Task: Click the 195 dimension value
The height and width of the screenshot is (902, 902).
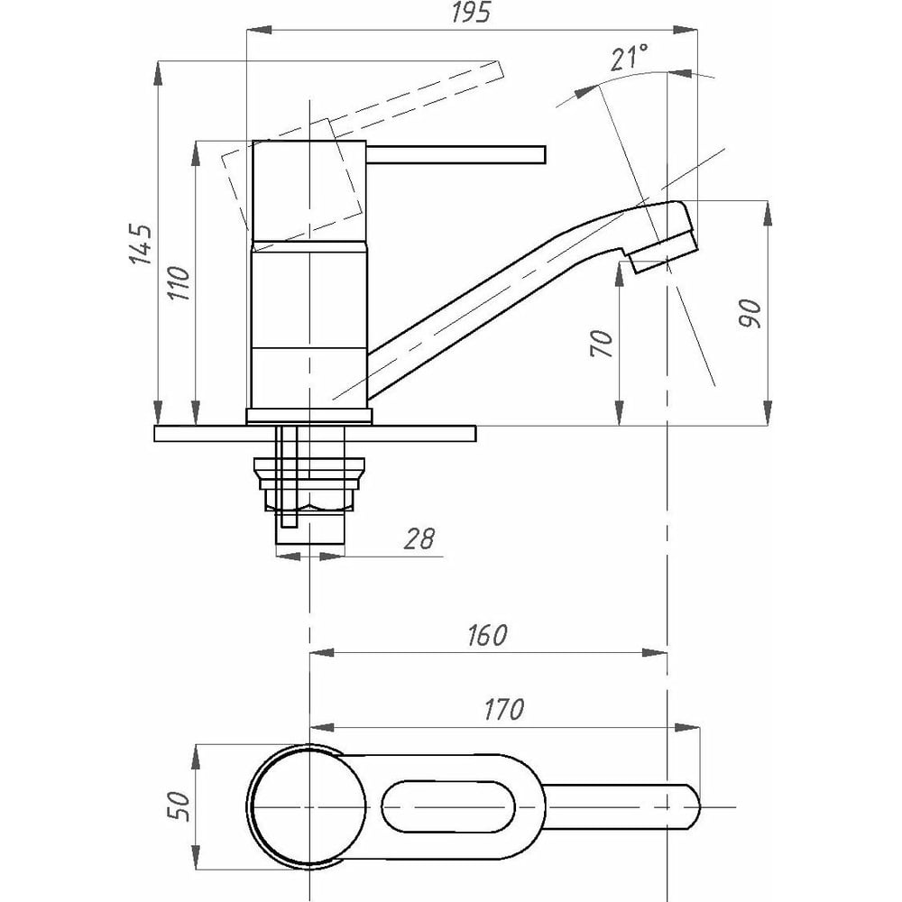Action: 471,13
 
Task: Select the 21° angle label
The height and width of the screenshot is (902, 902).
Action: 630,58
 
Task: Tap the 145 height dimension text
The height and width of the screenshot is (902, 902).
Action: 141,244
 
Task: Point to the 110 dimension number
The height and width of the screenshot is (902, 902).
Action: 179,283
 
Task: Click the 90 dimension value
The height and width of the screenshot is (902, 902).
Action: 750,314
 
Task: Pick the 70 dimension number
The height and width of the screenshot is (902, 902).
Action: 602,344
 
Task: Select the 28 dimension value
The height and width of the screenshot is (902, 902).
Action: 419,539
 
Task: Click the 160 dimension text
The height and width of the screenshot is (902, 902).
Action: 487,635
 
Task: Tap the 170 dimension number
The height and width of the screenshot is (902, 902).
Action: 504,709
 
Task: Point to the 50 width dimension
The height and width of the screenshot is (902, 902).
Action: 179,805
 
